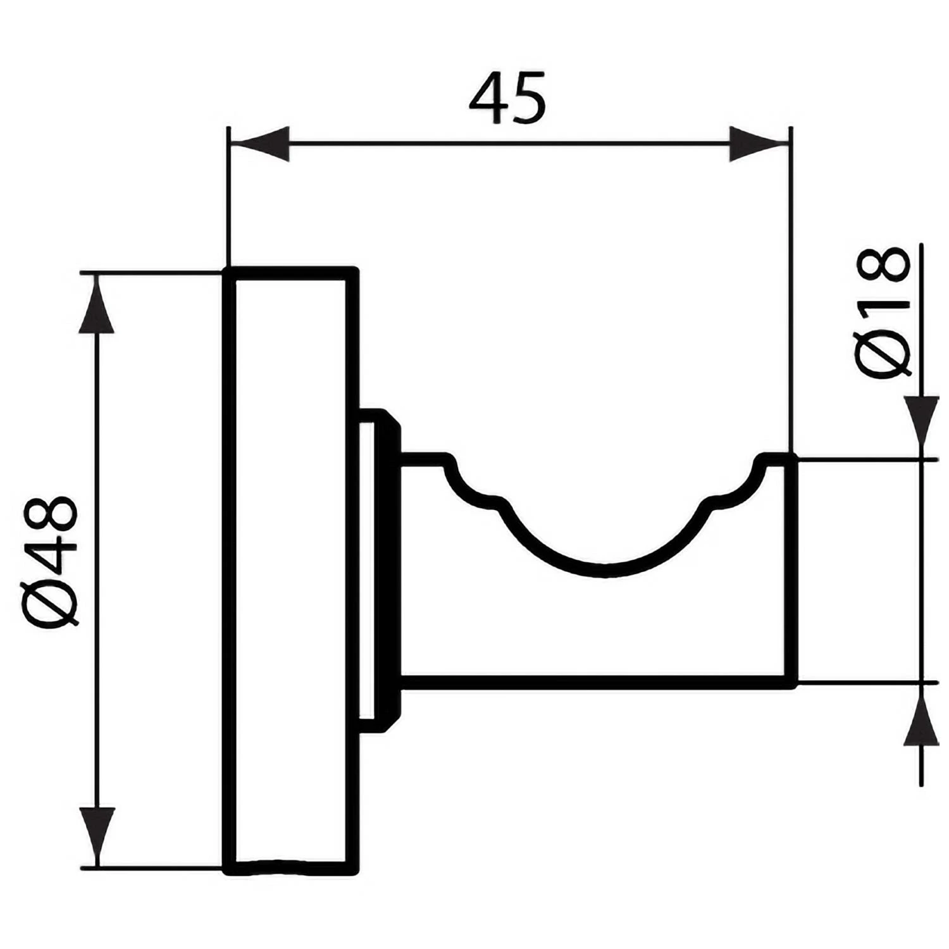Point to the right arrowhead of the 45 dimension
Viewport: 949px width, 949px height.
point(759,144)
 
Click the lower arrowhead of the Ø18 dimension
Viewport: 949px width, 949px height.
point(921,715)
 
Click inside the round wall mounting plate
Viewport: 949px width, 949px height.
point(290,570)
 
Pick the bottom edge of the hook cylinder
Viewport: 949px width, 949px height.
point(598,682)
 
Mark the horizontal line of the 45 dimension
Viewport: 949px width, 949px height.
point(509,144)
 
